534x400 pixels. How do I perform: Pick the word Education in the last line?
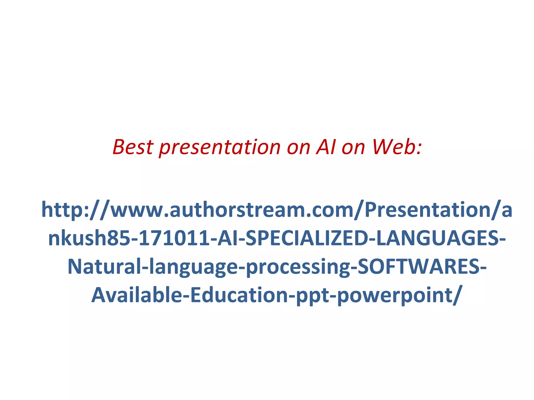click(239, 295)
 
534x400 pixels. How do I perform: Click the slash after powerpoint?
click(458, 295)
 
